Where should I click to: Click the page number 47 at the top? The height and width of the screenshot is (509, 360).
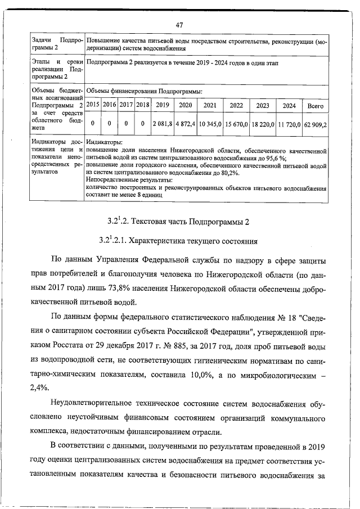coord(180,25)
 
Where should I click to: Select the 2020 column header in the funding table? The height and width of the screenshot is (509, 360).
coord(184,105)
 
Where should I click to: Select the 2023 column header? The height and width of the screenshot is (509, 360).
coord(263,105)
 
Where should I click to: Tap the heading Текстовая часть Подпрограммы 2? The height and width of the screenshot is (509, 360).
coord(179,220)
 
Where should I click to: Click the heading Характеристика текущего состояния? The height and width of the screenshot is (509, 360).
coord(179,241)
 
